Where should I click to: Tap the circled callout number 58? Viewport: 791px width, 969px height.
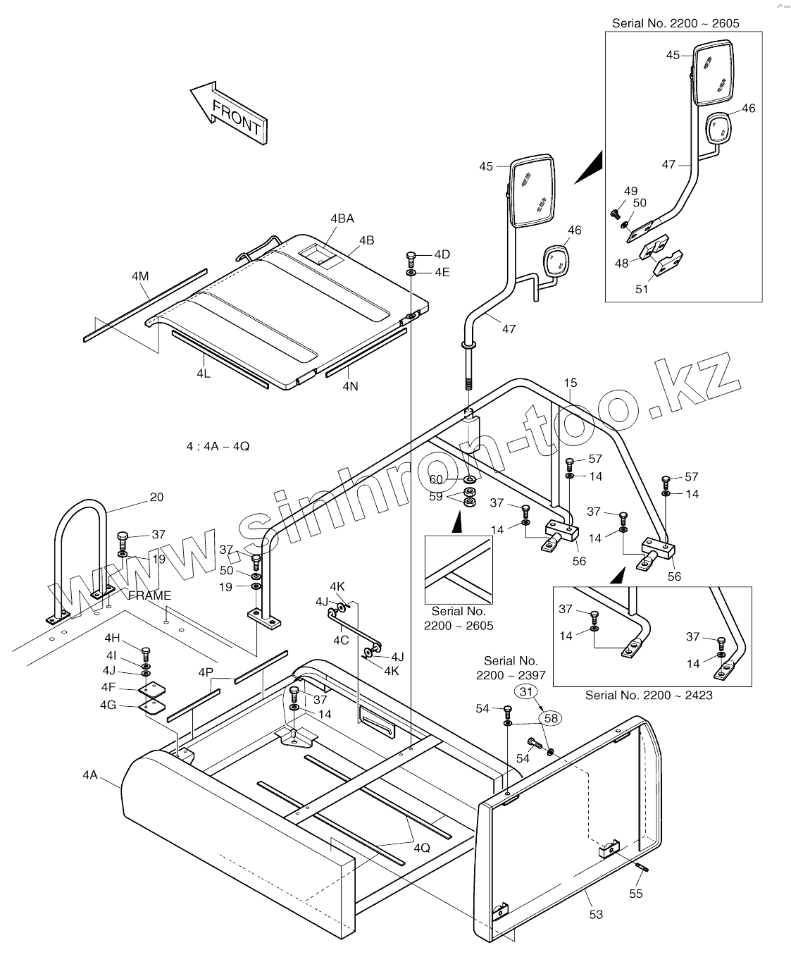point(551,718)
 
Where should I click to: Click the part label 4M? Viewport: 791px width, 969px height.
point(140,276)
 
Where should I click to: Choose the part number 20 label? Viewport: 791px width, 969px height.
point(156,497)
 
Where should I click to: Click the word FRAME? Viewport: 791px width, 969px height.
point(150,595)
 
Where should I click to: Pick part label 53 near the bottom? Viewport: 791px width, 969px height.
point(596,914)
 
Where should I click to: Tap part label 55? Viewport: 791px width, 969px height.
point(636,894)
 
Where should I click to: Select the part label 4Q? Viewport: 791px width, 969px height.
point(421,848)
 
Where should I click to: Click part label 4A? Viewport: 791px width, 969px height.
point(89,775)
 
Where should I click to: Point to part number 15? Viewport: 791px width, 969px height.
point(571,383)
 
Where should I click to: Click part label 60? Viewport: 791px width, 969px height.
point(437,479)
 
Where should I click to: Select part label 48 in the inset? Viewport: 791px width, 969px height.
point(621,263)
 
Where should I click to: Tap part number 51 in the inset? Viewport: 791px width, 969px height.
point(642,288)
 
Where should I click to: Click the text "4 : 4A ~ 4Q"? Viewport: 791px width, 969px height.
point(218,446)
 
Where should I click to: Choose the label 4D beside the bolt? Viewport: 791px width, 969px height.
point(442,254)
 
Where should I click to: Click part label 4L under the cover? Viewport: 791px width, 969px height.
point(204,374)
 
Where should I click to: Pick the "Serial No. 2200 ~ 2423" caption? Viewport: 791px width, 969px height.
point(649,695)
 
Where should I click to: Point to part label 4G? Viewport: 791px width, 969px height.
point(108,705)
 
